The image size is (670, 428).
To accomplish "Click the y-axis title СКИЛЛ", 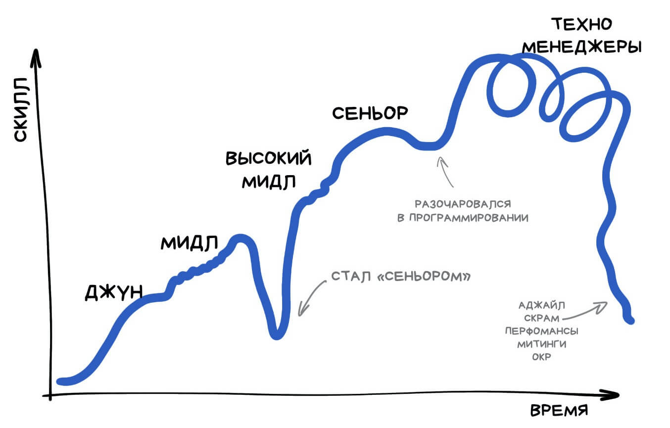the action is click(21, 109).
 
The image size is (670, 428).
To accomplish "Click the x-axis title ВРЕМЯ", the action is click(559, 411).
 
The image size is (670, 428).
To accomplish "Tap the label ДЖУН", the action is click(114, 292).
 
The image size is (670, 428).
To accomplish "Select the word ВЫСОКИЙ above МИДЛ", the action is click(268, 158).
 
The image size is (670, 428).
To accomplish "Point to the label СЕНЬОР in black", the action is click(370, 113).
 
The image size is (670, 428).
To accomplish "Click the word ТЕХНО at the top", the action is click(582, 24).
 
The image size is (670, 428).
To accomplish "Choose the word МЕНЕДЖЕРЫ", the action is click(582, 47).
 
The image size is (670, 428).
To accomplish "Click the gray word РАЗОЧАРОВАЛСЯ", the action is click(463, 204).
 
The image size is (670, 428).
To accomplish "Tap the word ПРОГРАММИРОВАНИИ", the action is click(469, 218).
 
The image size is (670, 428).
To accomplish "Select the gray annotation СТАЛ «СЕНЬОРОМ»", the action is click(401, 277).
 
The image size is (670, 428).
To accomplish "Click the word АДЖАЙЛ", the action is click(542, 305).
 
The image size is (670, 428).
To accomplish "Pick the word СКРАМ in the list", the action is click(542, 318).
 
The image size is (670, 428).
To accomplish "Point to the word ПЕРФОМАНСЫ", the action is click(542, 331).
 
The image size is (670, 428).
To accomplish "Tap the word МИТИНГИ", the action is click(542, 344).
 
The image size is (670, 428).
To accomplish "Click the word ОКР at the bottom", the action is click(542, 357).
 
